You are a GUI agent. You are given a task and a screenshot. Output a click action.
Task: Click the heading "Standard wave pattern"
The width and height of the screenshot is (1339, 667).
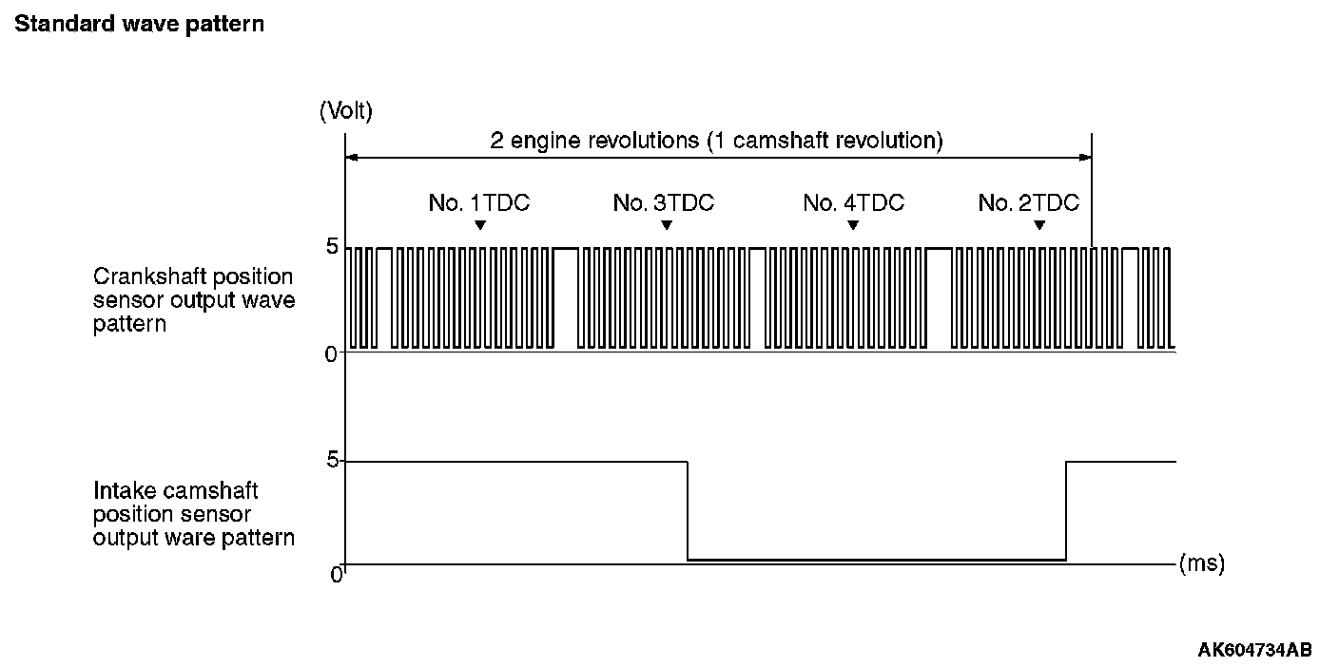pos(139,25)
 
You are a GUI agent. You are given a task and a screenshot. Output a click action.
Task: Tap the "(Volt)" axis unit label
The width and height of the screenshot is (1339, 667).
pos(346,111)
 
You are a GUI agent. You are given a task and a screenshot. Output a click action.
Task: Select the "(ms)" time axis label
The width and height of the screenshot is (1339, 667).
pos(1201,563)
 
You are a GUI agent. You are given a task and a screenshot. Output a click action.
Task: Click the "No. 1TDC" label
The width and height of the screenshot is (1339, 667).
pos(478,202)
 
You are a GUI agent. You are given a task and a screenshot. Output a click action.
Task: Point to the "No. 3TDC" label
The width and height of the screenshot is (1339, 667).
pos(663,202)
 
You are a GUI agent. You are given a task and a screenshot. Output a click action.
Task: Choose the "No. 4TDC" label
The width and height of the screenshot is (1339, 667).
pos(853,202)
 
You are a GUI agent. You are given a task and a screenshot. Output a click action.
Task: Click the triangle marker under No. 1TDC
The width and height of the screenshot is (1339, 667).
pos(480,225)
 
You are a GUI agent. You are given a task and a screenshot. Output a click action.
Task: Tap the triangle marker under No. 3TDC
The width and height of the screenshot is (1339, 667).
pos(667,225)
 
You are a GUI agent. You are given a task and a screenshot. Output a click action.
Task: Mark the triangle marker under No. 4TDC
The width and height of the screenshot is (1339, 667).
pos(853,225)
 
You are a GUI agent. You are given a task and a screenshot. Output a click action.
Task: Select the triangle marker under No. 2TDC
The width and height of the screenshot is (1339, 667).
pos(1039,225)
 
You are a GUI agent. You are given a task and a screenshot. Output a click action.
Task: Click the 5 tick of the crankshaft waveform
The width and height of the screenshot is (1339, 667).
pos(332,246)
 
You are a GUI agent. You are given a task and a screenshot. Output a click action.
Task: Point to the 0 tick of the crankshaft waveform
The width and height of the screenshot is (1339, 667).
pos(332,353)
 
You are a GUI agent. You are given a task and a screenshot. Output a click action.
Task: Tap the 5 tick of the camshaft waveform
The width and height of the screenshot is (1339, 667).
pos(332,461)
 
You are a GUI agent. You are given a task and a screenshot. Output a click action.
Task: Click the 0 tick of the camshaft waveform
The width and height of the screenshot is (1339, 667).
pos(336,575)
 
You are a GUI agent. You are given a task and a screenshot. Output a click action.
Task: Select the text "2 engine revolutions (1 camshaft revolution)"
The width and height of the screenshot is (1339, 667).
pos(716,142)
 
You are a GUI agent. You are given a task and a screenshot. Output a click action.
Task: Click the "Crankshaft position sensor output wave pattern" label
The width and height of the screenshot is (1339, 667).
pos(194,300)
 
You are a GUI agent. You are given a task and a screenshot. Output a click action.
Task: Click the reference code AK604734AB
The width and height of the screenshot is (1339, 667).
pos(1254,650)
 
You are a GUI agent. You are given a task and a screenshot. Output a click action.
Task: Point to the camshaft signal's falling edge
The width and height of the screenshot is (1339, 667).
pos(688,510)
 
